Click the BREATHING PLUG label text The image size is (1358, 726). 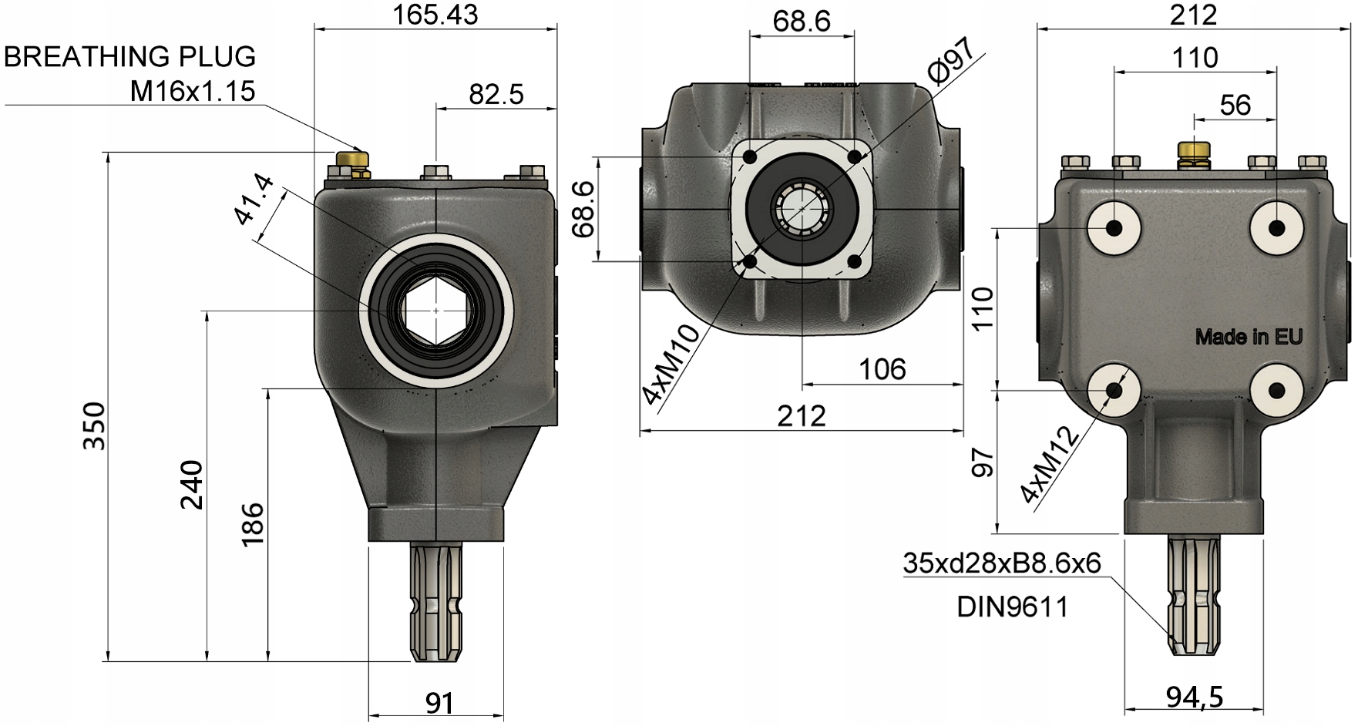pos(129,56)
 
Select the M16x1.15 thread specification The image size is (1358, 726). pos(192,92)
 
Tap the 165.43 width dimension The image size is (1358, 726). pos(435,14)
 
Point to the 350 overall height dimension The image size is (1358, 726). pos(94,426)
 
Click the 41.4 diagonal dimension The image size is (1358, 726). pos(254,200)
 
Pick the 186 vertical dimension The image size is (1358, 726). pos(252,523)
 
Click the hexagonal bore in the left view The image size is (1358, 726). pos(436,311)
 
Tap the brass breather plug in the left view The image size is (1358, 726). pos(351,160)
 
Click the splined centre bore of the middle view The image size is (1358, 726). pos(802,209)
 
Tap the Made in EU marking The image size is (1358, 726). pos(1249,337)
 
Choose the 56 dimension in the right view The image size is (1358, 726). pos(1235,105)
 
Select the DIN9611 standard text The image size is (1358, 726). pos(1013,607)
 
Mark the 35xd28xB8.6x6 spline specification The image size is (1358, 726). pos(1001,563)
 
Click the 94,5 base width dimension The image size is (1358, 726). pos(1194,697)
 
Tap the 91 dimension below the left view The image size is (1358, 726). pos(439,702)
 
